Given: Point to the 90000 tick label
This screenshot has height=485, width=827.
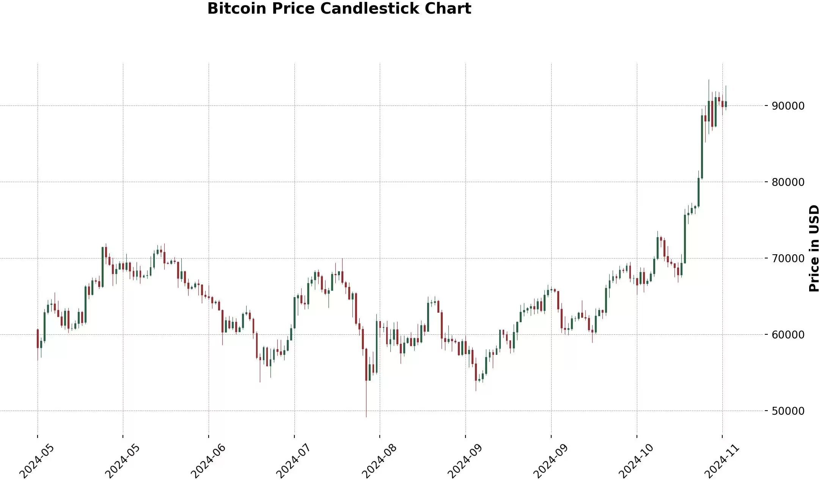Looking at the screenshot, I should pos(788,106).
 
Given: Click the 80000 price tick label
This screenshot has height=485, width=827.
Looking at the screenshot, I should pos(788,182).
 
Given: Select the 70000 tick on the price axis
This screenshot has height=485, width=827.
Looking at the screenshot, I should pos(788,258).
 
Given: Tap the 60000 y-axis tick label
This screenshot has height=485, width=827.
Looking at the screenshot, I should pos(788,335).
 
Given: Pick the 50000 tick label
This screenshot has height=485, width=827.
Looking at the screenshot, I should pos(788,411).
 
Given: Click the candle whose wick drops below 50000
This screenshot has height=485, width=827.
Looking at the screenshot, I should pos(366,364).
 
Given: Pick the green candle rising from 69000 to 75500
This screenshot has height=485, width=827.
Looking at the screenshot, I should pos(685,239).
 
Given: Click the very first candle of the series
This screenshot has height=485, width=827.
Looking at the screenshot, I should pos(38,339).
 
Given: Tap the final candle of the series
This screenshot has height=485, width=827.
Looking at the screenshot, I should pos(726,104).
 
